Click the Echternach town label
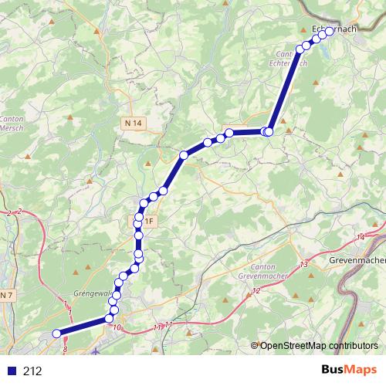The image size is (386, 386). (x=333, y=29)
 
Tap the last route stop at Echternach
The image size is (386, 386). (x=330, y=32)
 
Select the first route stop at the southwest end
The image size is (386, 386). (x=56, y=334)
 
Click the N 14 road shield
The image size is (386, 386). (x=134, y=123)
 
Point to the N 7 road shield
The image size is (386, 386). (x=6, y=296)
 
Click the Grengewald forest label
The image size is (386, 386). (x=92, y=293)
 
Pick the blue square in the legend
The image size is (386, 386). (x=8, y=371)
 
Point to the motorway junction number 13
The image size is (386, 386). (x=304, y=265)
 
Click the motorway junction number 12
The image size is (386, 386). (x=256, y=290)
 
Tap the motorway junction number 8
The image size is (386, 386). (x=66, y=350)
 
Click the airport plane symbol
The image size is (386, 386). (x=95, y=352)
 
